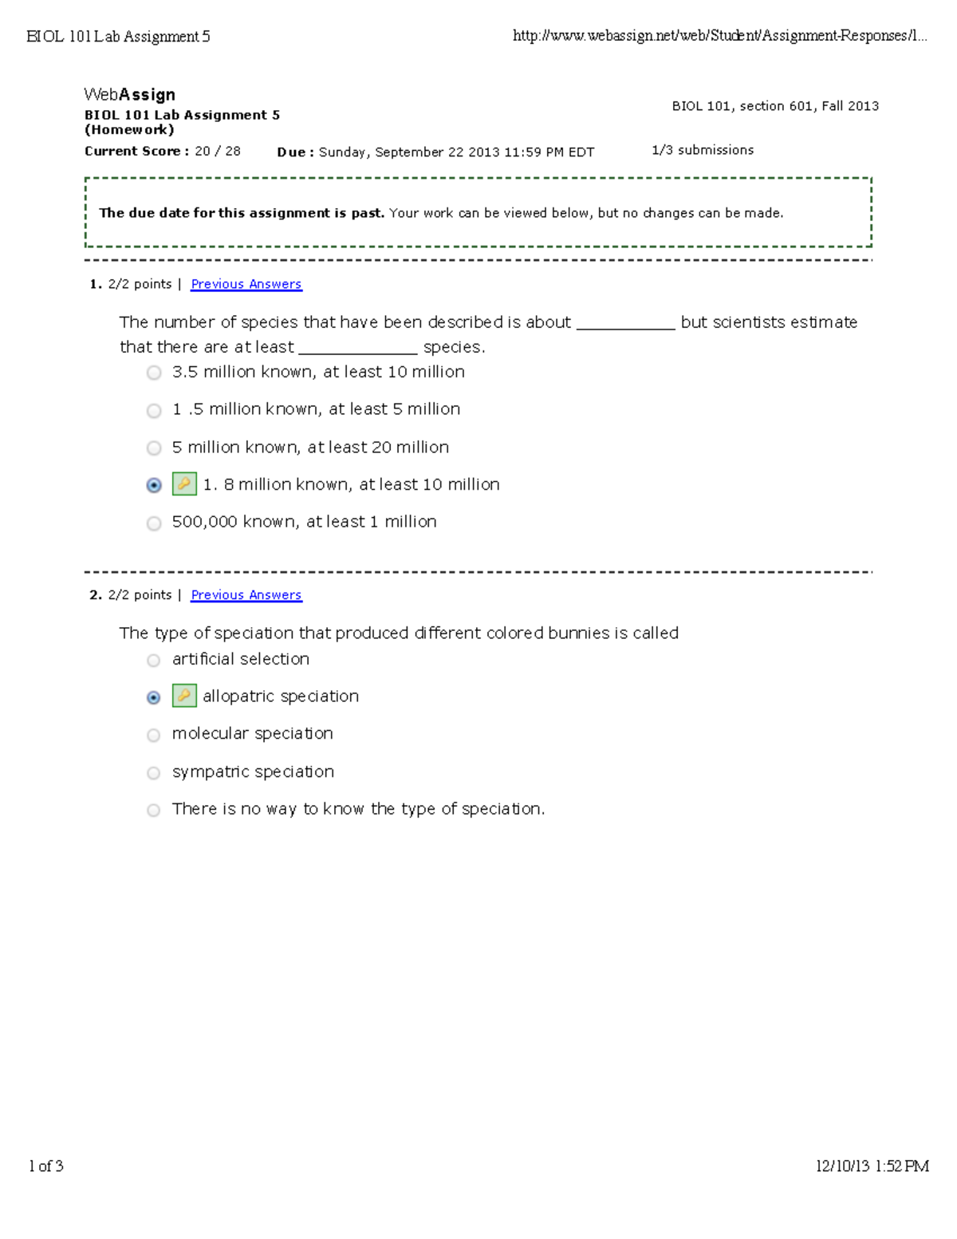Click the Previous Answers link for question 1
click(246, 284)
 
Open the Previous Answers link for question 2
click(246, 595)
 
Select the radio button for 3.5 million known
click(154, 373)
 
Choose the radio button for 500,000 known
click(154, 523)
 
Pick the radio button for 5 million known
click(154, 448)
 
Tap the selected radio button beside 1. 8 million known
click(154, 485)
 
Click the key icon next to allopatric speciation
click(184, 696)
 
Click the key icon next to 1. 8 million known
click(184, 484)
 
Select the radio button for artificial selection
click(154, 661)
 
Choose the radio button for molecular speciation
click(154, 735)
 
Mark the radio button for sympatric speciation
click(154, 773)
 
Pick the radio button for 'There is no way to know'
click(154, 811)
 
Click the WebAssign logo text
click(129, 95)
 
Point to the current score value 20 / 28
click(217, 152)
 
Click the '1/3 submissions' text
click(702, 150)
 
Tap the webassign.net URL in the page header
click(719, 36)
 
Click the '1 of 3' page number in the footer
click(45, 1166)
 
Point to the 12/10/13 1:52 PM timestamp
click(871, 1166)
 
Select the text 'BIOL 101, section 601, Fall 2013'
click(774, 106)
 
